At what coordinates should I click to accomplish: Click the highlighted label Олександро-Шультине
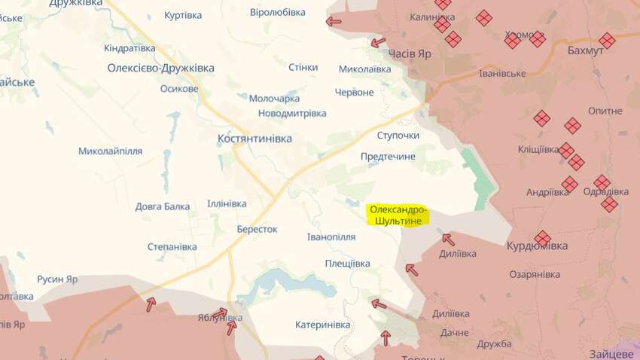click(x=398, y=214)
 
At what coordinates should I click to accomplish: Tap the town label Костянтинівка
click(x=254, y=139)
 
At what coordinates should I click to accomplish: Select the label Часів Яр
click(x=410, y=53)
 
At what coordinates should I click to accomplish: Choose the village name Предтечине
click(x=388, y=156)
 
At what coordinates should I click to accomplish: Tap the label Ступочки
click(x=398, y=135)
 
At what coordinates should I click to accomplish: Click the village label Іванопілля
click(x=331, y=236)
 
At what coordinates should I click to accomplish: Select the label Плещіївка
click(x=347, y=263)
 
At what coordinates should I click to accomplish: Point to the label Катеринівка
click(x=322, y=325)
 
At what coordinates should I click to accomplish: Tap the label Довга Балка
click(x=163, y=205)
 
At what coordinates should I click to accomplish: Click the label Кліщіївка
click(x=538, y=149)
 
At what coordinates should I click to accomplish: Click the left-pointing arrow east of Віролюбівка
click(x=334, y=21)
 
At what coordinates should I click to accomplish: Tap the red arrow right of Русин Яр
click(x=151, y=304)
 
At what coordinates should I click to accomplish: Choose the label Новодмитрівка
click(x=292, y=113)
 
